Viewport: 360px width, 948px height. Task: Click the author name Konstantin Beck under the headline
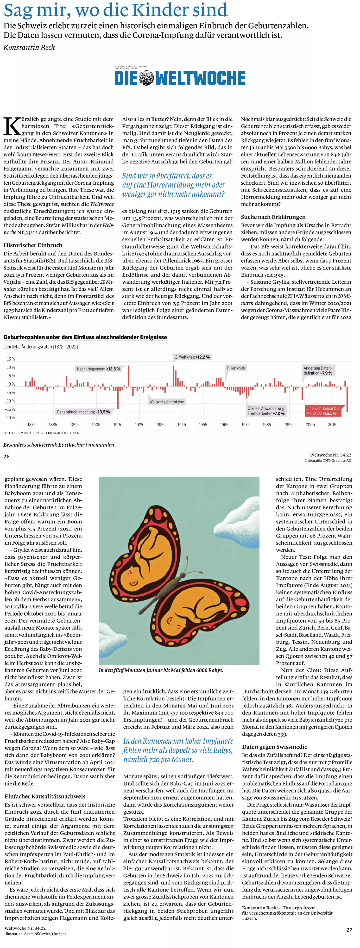click(29, 48)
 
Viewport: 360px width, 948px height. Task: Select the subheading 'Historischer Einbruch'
click(33, 245)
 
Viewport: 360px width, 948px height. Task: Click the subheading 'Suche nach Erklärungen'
click(273, 217)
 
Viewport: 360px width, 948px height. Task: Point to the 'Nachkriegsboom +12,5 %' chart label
click(98, 369)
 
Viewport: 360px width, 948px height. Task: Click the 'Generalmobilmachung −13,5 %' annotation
click(83, 412)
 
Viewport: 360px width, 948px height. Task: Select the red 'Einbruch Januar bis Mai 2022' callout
click(322, 411)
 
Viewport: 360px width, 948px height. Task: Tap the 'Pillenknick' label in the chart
click(236, 368)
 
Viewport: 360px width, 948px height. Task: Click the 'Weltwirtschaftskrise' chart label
click(166, 402)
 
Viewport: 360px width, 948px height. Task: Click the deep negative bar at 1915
click(118, 398)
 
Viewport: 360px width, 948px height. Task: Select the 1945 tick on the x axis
click(182, 425)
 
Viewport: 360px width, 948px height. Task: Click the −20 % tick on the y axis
click(10, 418)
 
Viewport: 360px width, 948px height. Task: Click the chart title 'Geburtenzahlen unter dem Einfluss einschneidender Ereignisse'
click(85, 337)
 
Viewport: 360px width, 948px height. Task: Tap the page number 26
click(7, 457)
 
